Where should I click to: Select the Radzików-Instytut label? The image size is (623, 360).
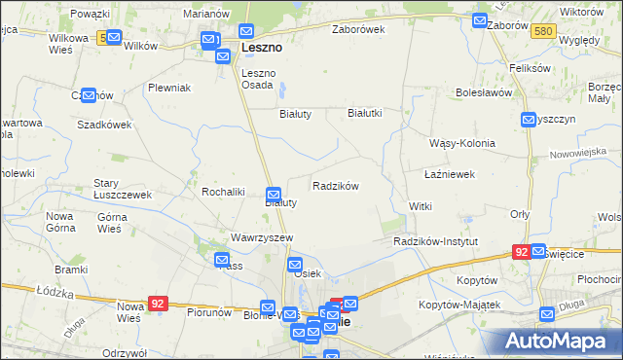pyautogui.click(x=436, y=240)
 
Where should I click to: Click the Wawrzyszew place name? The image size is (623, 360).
pyautogui.click(x=262, y=237)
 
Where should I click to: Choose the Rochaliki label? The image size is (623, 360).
pyautogui.click(x=223, y=192)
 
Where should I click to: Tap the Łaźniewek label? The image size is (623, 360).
pyautogui.click(x=450, y=174)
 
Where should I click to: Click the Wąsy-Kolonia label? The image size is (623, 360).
pyautogui.click(x=462, y=143)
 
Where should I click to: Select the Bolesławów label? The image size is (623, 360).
pyautogui.click(x=484, y=93)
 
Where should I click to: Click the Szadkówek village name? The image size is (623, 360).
pyautogui.click(x=104, y=126)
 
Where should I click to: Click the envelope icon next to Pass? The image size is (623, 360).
pyautogui.click(x=222, y=261)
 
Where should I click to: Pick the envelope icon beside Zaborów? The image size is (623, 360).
pyautogui.click(x=480, y=20)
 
